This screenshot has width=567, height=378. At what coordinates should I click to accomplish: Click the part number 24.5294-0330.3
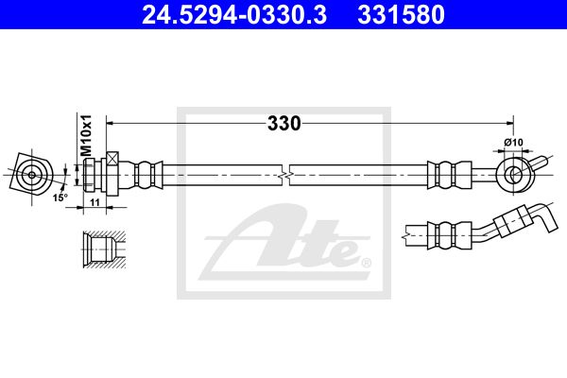point(234,14)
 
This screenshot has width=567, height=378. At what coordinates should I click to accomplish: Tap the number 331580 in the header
point(401,14)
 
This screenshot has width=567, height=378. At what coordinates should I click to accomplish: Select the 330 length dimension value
point(283,124)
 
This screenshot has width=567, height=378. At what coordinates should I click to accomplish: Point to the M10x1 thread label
point(86,136)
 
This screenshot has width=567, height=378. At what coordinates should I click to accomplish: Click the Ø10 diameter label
point(513,142)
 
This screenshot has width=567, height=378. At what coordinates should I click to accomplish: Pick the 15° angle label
point(60,198)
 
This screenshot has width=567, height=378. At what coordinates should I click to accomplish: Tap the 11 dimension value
point(94,202)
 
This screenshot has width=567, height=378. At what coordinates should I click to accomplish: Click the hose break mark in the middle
point(285,176)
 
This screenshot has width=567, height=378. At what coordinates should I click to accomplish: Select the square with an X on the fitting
point(112,159)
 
